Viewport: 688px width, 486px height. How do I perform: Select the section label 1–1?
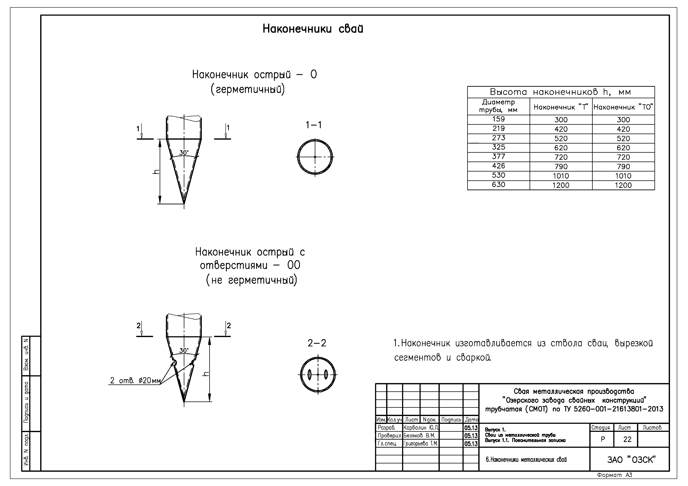pos(314,125)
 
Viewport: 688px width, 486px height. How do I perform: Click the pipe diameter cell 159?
pos(498,119)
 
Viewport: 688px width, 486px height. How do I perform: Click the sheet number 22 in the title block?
pos(627,439)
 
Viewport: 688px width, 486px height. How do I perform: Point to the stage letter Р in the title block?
pos(603,439)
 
